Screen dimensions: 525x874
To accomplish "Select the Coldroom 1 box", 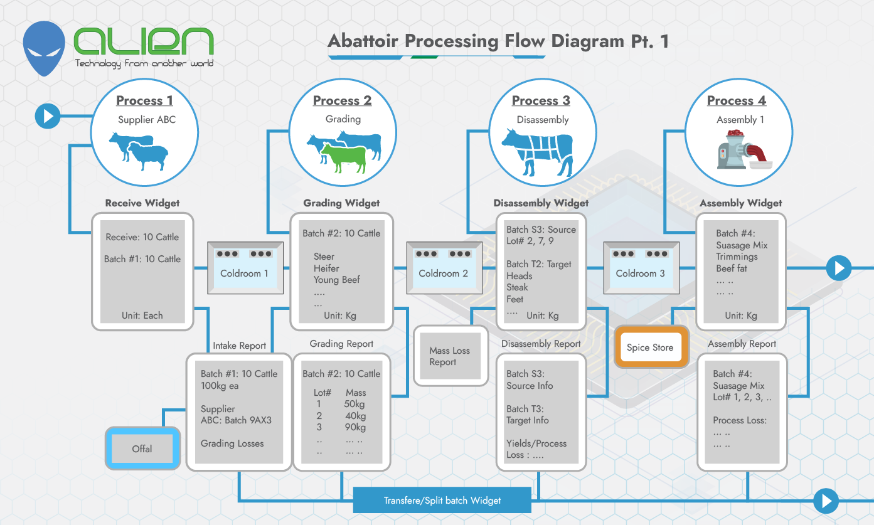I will point(245,268).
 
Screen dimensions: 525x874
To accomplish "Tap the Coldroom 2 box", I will point(443,268).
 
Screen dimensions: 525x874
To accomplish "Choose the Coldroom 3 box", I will point(640,268).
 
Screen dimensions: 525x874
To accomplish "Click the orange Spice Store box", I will point(650,347).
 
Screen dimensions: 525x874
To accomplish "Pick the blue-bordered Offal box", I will point(142,448).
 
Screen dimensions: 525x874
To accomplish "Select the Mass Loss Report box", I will point(450,356).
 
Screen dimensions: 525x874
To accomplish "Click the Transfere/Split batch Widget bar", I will point(442,501).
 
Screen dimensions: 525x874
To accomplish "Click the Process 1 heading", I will point(144,100).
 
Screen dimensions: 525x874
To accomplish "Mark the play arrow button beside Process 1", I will point(48,116).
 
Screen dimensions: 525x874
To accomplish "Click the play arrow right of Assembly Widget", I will point(838,268).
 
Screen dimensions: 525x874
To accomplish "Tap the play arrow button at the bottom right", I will point(826,501).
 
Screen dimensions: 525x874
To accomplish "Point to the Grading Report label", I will point(341,344).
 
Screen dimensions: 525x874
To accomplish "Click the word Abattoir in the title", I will point(364,41).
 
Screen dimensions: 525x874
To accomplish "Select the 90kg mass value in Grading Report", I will point(355,427).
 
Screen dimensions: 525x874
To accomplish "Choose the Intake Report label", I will point(239,346).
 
